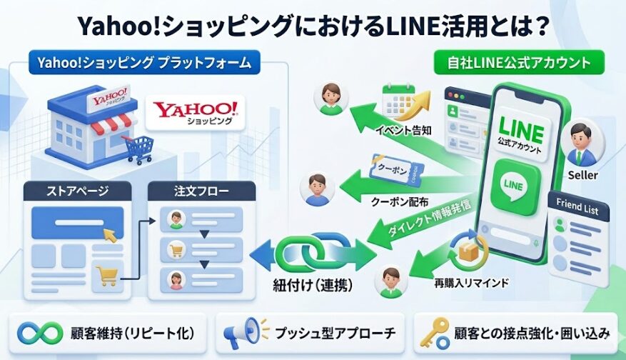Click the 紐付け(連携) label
(313, 281)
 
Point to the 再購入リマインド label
(472, 284)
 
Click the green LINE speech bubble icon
(513, 183)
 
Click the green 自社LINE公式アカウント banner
(519, 63)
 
